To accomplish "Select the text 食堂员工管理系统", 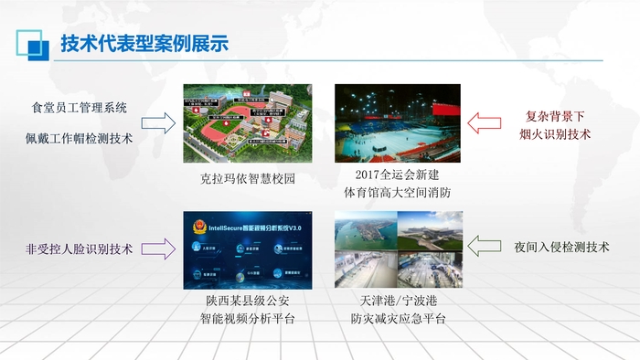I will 80,108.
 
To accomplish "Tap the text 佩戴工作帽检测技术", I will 80,138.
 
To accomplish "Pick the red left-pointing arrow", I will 486,123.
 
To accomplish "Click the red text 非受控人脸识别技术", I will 80,248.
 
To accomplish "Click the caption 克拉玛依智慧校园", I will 247,179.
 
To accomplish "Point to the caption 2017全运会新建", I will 398,174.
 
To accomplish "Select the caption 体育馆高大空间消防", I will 398,192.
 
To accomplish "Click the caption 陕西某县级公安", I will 247,300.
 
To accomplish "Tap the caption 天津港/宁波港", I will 398,300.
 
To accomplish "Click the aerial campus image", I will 247,124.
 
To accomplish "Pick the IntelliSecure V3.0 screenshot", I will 247,250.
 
